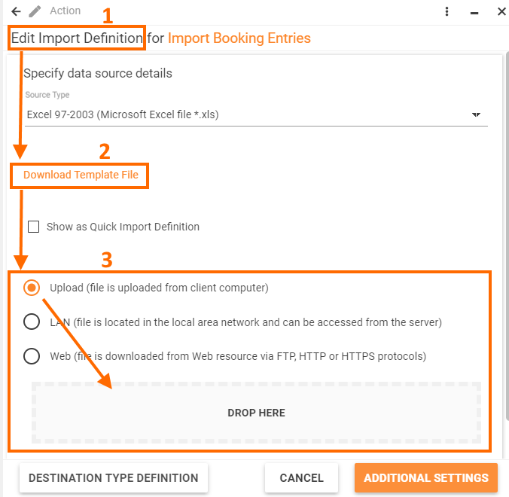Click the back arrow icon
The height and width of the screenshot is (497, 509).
(16, 12)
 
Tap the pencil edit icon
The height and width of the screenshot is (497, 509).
(35, 11)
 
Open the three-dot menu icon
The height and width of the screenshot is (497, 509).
(447, 11)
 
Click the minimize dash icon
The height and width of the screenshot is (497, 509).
(474, 13)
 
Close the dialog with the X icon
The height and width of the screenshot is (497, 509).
(501, 11)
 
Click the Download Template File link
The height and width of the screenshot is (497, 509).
(81, 175)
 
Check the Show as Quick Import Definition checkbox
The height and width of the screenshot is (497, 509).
(33, 227)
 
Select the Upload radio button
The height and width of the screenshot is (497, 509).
(32, 288)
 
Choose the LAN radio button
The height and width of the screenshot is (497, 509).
(32, 322)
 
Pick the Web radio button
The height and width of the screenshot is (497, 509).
(32, 355)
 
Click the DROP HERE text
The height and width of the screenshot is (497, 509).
(256, 413)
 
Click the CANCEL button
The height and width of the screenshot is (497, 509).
(302, 478)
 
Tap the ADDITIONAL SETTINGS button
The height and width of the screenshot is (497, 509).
(426, 478)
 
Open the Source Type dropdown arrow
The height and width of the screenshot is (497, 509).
(476, 114)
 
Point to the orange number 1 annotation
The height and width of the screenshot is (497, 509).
(108, 16)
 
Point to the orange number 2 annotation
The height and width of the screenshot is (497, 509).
(105, 151)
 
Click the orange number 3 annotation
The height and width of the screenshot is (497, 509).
(107, 260)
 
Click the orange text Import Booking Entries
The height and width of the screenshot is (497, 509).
(239, 38)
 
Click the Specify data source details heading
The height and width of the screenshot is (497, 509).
(98, 73)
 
